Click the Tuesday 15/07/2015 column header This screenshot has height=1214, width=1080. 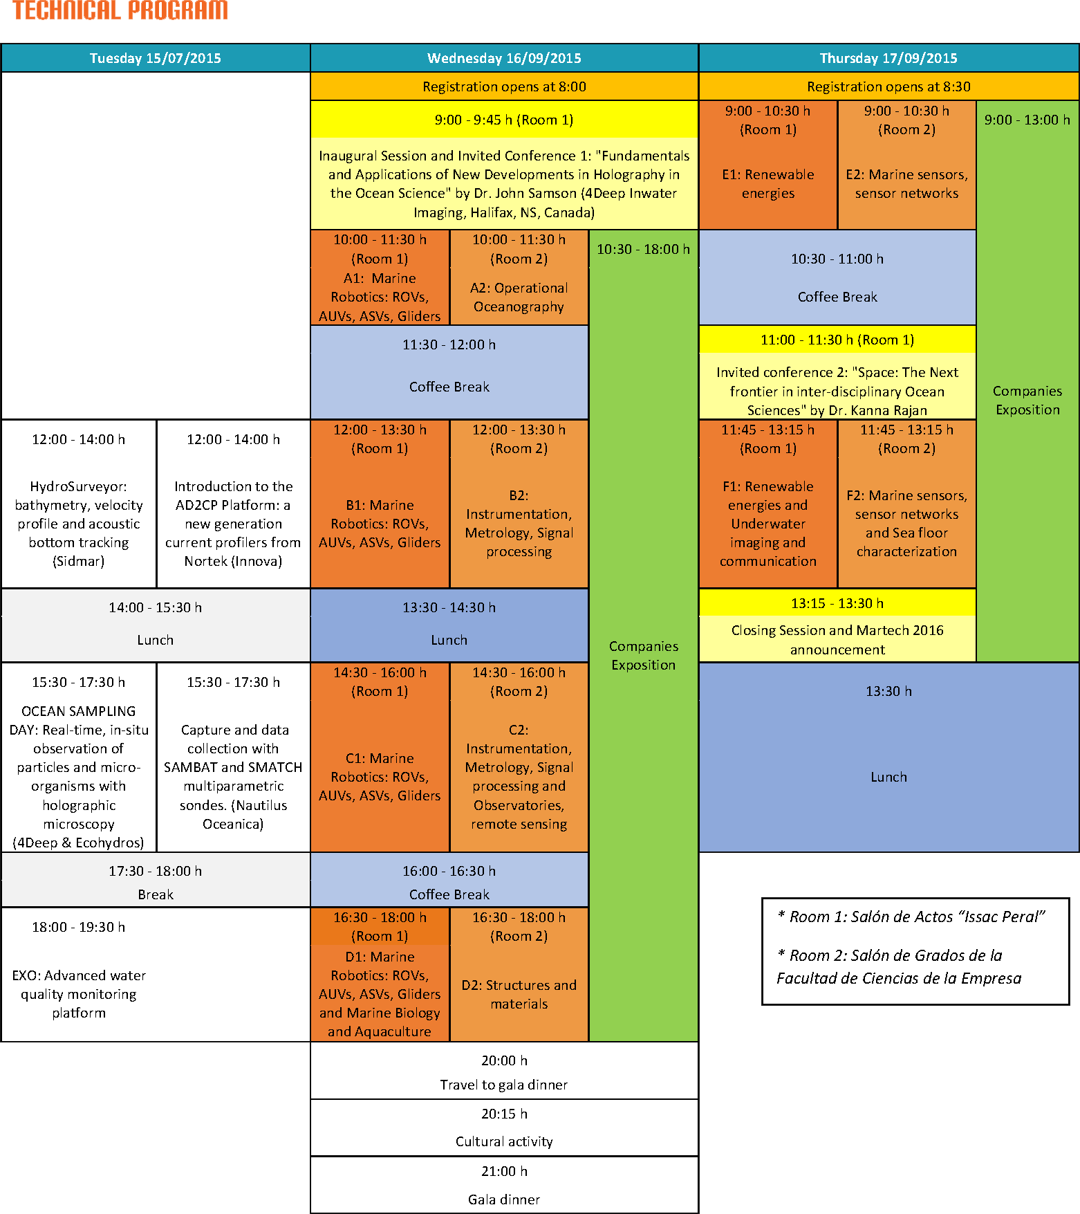(x=156, y=58)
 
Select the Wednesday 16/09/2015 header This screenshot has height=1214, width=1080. (x=504, y=58)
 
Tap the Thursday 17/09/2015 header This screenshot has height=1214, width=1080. (x=888, y=58)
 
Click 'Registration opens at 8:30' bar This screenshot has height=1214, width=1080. (x=888, y=86)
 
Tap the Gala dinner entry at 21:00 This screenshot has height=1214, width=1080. (x=504, y=1186)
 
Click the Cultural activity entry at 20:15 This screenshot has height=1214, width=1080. (x=504, y=1128)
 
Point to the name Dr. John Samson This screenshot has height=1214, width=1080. (x=525, y=194)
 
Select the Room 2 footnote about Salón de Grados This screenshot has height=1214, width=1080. (x=899, y=966)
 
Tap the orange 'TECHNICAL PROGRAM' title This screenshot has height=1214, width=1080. (x=120, y=10)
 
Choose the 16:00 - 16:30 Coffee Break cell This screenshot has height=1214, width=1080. (x=449, y=882)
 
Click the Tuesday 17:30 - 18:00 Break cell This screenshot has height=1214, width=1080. (x=156, y=882)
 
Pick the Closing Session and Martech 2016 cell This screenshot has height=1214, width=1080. (x=837, y=639)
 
